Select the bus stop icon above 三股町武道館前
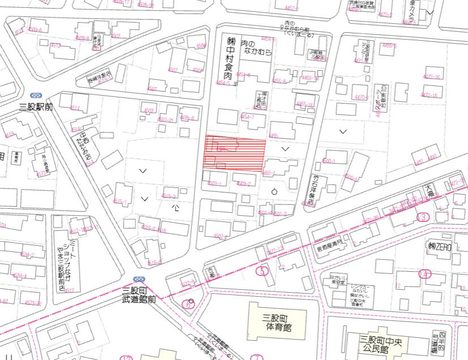(x=139, y=279)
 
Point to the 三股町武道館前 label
(x=139, y=295)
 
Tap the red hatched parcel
(x=235, y=154)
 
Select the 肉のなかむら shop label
(x=256, y=48)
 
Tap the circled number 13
(x=422, y=217)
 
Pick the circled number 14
(x=425, y=275)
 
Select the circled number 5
(x=261, y=271)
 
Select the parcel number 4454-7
(x=248, y=117)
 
